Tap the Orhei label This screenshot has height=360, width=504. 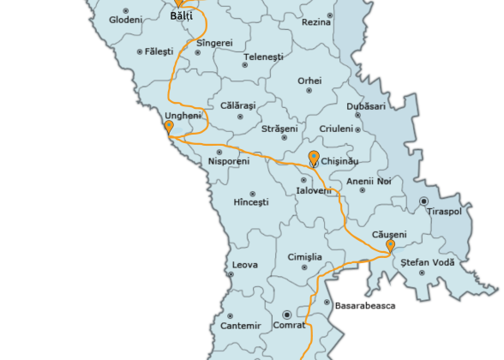tap(309, 81)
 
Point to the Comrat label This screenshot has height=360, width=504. tap(289, 326)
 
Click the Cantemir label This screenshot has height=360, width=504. tap(240, 326)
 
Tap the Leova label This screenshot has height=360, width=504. tap(245, 265)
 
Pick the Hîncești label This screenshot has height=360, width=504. tap(251, 202)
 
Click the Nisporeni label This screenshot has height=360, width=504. tap(228, 161)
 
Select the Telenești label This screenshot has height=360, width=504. tap(263, 57)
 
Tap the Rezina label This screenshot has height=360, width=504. tap(316, 21)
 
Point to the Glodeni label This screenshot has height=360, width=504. tap(126, 19)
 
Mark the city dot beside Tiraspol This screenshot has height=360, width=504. tap(423, 201)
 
